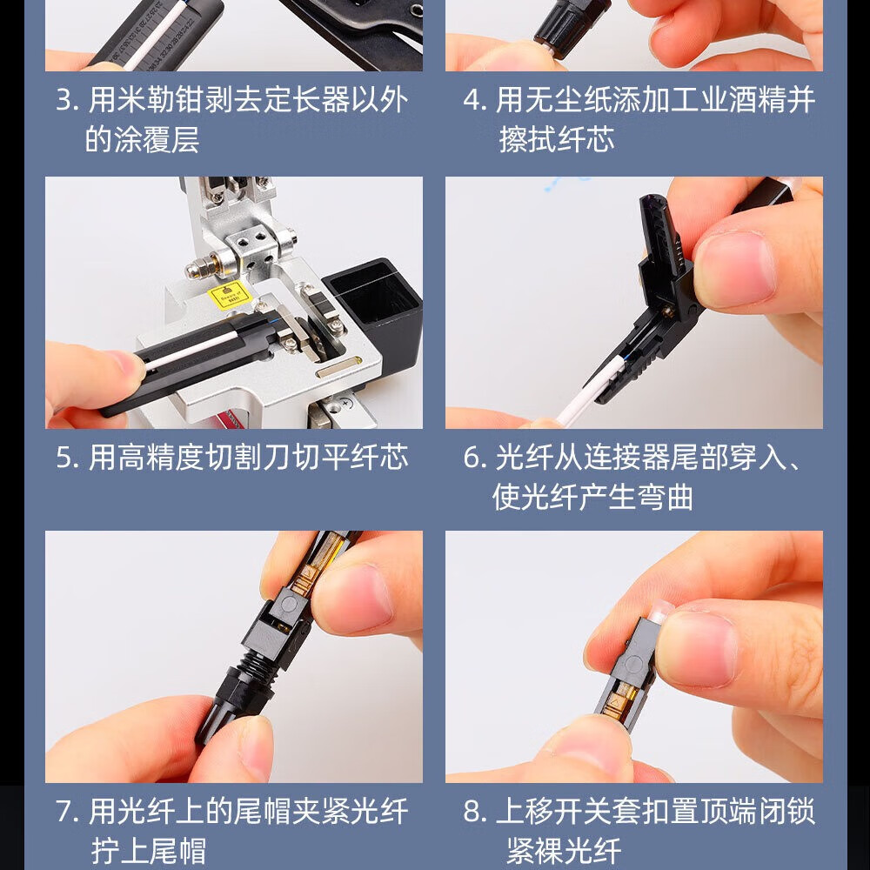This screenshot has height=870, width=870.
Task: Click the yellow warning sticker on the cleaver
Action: tap(230, 297)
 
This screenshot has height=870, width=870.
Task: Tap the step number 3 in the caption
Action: tap(64, 101)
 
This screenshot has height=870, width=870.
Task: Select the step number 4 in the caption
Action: tap(472, 101)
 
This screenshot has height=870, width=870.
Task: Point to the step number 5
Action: tap(64, 458)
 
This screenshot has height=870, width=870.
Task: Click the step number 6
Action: tap(472, 458)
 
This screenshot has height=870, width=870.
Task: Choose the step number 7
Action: tap(64, 812)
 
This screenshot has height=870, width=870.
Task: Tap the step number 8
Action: tap(472, 812)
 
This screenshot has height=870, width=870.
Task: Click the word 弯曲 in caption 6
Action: tap(664, 497)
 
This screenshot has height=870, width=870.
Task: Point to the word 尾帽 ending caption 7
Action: tap(177, 851)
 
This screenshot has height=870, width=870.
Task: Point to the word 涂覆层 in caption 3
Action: tap(142, 139)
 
